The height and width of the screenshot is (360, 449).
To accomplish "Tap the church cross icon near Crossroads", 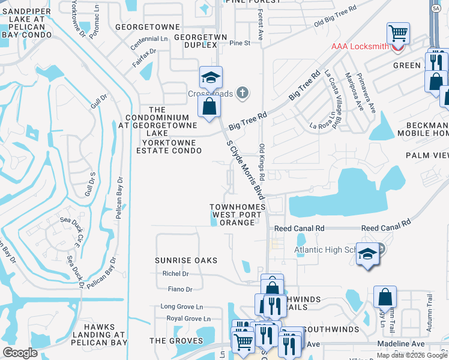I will [242, 92].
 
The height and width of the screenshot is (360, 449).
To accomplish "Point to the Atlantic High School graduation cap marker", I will [367, 255].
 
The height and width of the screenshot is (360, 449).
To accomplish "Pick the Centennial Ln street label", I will [151, 38].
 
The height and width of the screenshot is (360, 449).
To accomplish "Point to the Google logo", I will [20, 353].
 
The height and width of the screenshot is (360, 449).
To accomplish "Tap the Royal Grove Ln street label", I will [188, 319].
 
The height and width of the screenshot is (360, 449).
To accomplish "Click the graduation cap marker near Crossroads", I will [211, 77].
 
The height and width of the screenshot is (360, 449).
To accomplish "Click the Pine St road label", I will [239, 43].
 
